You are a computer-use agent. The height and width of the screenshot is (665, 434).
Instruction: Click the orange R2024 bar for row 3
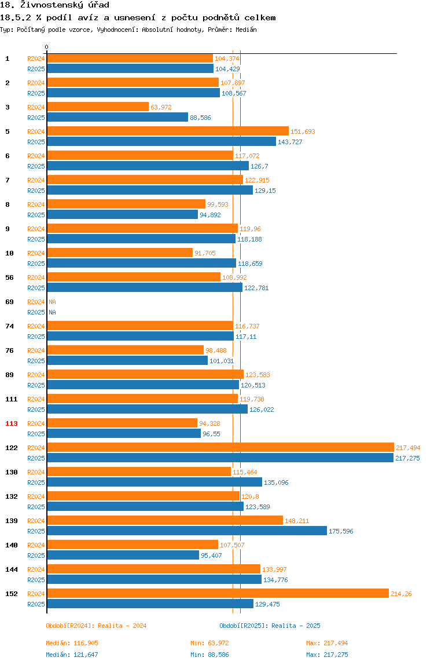pyautogui.click(x=98, y=107)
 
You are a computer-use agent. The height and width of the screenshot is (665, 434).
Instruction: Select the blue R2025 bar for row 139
pyautogui.click(x=187, y=531)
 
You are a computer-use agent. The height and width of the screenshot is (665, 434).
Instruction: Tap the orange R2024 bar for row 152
pyautogui.click(x=218, y=593)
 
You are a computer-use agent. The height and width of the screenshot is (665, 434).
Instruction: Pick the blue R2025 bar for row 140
pyautogui.click(x=123, y=555)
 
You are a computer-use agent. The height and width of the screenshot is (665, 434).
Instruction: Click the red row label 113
pyautogui.click(x=12, y=423)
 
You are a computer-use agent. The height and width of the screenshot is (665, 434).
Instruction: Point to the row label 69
pyautogui.click(x=9, y=302)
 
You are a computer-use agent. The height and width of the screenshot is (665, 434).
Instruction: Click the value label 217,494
pyautogui.click(x=408, y=448)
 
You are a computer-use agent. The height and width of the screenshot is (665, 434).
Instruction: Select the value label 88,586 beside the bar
pyautogui.click(x=200, y=118)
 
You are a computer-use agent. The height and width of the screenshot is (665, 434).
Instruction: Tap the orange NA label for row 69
pyautogui.click(x=52, y=302)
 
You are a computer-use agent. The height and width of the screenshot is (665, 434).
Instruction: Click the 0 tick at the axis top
pyautogui.click(x=47, y=47)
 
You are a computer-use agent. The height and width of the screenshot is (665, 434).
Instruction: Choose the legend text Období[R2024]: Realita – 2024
pyautogui.click(x=96, y=626)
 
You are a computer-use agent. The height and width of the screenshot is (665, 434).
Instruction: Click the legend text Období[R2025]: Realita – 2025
pyautogui.click(x=270, y=626)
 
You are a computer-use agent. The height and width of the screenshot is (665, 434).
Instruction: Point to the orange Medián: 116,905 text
pyautogui.click(x=72, y=643)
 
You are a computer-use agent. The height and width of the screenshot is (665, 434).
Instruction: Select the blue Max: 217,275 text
pyautogui.click(x=327, y=655)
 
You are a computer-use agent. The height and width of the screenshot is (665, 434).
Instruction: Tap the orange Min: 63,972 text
pyautogui.click(x=210, y=643)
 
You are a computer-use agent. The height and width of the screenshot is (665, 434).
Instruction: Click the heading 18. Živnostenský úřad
pyautogui.click(x=54, y=5)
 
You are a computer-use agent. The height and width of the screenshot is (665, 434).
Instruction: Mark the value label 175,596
pyautogui.click(x=341, y=531)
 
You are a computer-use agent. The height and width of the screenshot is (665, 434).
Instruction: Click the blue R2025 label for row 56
pyautogui.click(x=36, y=288)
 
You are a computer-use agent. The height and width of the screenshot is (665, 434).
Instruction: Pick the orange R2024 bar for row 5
pyautogui.click(x=168, y=131)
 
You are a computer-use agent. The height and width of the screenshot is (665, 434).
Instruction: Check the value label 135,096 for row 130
pyautogui.click(x=277, y=483)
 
